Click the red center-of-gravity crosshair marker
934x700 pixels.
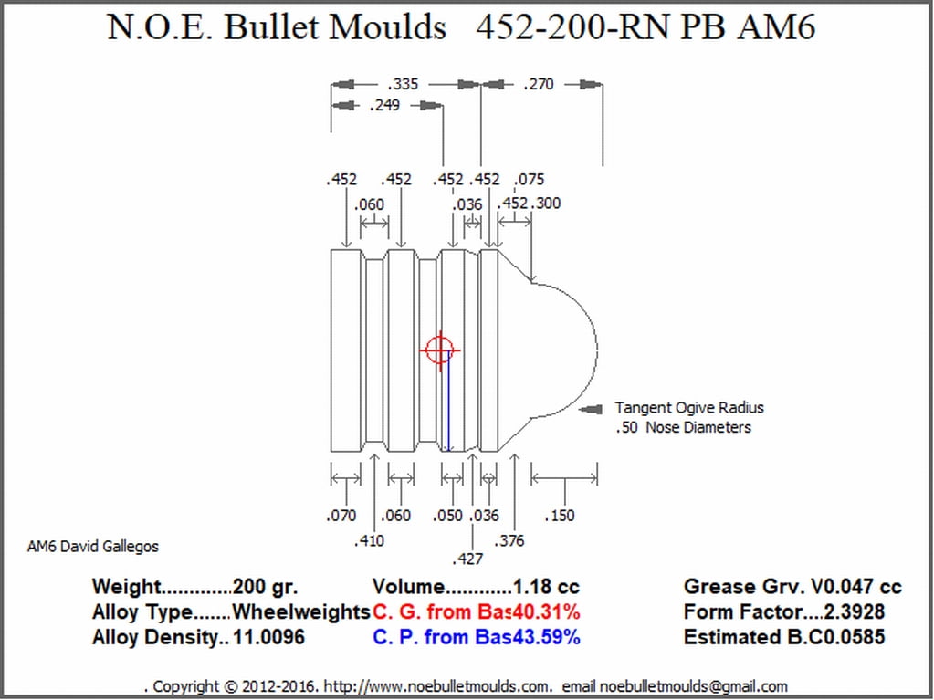coord(440,350)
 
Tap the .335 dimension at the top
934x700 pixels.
coord(404,84)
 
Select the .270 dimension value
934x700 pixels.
coord(539,84)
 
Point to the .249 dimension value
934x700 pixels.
coord(384,106)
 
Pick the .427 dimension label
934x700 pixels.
coord(468,559)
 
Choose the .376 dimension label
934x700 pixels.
coord(509,540)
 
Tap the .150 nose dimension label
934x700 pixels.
coord(560,516)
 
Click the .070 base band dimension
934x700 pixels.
coord(341,516)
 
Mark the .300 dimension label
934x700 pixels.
coord(546,203)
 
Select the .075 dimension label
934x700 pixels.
coord(530,180)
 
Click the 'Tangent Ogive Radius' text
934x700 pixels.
coord(689,408)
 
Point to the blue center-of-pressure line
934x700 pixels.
coord(448,402)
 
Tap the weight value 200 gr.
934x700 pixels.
coord(266,587)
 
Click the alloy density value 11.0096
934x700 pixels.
coord(269,637)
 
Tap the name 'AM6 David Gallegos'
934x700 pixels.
coord(93,547)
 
